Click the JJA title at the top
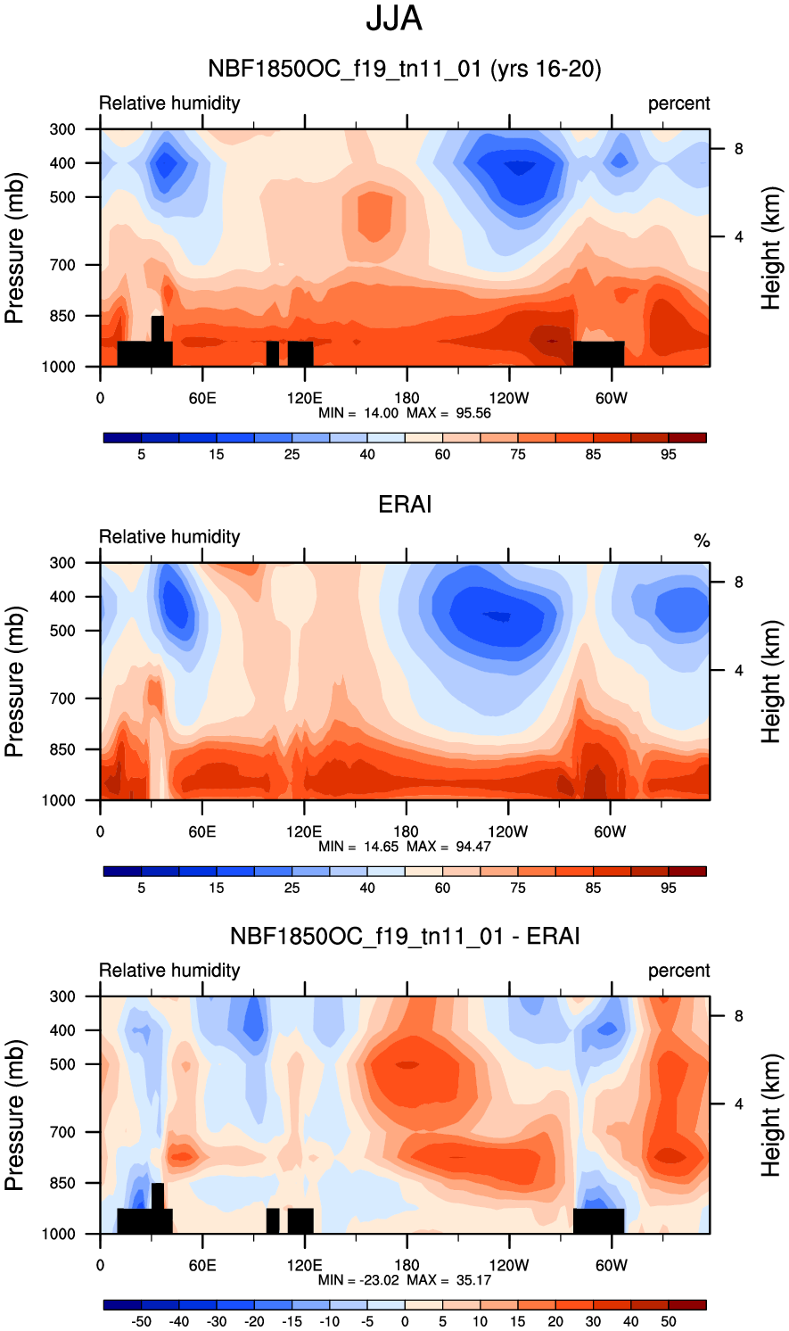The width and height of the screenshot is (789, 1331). (x=394, y=20)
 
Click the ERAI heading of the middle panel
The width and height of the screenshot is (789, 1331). (x=405, y=505)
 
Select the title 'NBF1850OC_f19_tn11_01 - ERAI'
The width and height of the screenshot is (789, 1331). (x=405, y=937)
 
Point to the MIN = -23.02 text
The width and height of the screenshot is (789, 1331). (x=357, y=1280)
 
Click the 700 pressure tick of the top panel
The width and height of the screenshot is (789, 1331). (x=62, y=265)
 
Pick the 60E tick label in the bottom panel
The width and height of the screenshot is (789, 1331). (x=202, y=1265)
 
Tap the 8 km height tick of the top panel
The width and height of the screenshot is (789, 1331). (x=738, y=149)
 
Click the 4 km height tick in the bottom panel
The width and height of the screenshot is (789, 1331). (x=738, y=1104)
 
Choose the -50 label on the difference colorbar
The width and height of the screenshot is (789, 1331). (x=141, y=1321)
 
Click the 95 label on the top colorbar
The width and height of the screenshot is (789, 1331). (x=669, y=454)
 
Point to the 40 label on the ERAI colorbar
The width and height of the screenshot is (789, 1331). (x=367, y=888)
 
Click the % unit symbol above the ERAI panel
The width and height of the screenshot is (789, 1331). (x=702, y=541)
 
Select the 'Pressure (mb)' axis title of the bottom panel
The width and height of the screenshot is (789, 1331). (x=14, y=1115)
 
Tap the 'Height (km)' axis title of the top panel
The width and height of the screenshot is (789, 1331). (x=771, y=248)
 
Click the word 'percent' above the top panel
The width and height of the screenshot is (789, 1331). (x=678, y=103)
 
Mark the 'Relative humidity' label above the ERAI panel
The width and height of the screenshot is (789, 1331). (x=169, y=537)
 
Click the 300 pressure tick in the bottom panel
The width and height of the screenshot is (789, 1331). (x=62, y=996)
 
